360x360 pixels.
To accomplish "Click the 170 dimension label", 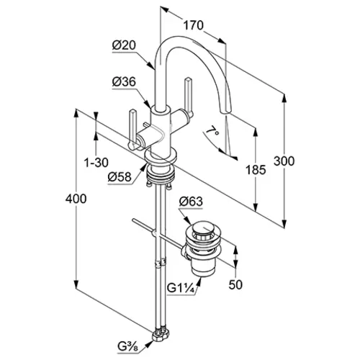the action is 194,25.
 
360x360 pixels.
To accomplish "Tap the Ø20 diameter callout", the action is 124,45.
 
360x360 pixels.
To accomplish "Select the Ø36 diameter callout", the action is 124,82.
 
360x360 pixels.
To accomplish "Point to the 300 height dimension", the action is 284,161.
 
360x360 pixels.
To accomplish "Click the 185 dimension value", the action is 256,170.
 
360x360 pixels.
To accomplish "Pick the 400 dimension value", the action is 76,199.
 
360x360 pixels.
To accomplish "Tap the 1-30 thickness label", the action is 96,163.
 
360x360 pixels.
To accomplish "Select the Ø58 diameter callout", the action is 120,177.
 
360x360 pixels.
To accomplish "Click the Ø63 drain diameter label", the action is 191,202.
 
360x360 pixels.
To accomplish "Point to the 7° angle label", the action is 212,132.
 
